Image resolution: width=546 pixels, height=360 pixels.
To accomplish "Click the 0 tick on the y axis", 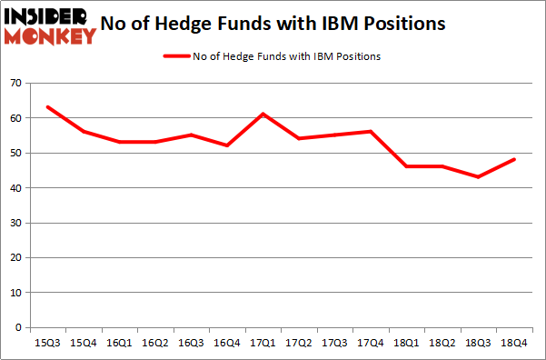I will [17, 327].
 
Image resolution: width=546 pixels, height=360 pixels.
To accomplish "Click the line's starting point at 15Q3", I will [46, 107].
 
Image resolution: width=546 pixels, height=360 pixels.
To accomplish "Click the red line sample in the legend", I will [176, 55].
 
